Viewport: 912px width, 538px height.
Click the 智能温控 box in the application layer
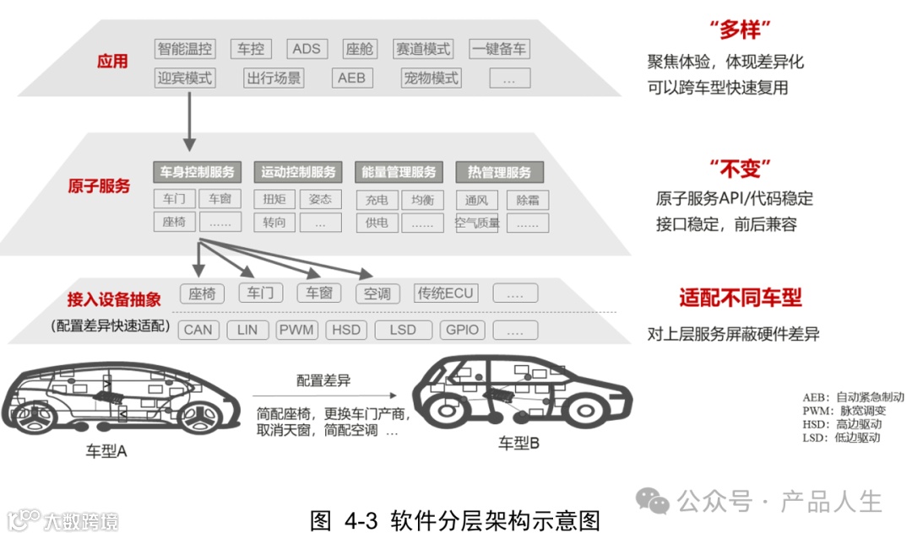tap(185, 48)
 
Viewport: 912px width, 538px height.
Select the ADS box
tap(306, 48)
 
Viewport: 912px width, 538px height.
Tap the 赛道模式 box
tap(424, 48)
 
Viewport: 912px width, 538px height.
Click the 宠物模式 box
tap(431, 78)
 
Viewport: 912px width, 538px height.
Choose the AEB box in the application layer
tap(351, 78)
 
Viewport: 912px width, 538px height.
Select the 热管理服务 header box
tap(499, 172)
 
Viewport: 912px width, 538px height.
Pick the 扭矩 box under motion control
tap(274, 200)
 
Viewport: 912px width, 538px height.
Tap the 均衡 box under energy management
tap(422, 200)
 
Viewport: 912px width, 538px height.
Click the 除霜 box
tap(528, 200)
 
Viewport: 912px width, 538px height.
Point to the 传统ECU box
tap(446, 293)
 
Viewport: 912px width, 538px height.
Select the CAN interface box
tap(198, 329)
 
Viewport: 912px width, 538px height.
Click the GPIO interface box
tap(462, 329)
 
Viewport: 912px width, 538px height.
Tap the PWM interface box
tap(297, 329)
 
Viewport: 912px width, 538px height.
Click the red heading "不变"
tap(741, 168)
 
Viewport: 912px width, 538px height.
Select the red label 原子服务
tap(99, 186)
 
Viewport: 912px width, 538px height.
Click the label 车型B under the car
tap(518, 442)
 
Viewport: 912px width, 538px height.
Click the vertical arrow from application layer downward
tap(189, 118)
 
